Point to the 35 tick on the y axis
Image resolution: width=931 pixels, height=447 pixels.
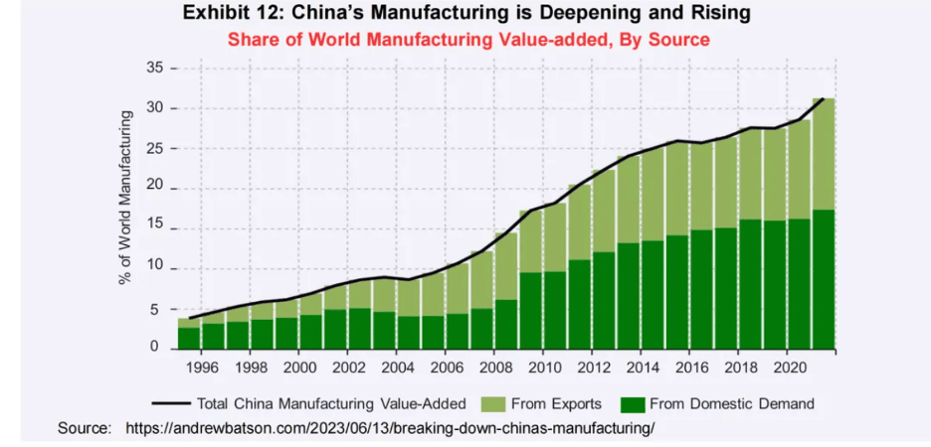click(x=154, y=69)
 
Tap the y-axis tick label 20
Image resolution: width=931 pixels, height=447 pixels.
click(x=154, y=189)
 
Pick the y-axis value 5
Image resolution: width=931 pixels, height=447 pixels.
click(x=158, y=310)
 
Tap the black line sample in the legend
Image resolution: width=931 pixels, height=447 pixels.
click(x=171, y=404)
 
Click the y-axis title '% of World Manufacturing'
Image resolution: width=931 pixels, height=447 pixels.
click(x=125, y=198)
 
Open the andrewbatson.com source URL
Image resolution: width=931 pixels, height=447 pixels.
click(x=391, y=428)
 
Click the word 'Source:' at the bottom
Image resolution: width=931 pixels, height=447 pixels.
click(x=85, y=428)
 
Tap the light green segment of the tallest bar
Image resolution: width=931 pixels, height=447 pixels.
click(x=824, y=154)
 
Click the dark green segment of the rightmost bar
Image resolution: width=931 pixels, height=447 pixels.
click(x=824, y=279)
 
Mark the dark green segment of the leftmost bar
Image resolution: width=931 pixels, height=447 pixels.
click(x=189, y=339)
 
